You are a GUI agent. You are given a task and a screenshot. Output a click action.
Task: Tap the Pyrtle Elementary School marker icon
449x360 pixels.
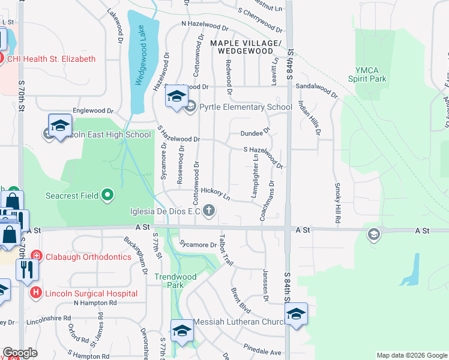tap(191, 107)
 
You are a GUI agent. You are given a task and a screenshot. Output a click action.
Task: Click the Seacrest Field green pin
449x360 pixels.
tap(107, 194)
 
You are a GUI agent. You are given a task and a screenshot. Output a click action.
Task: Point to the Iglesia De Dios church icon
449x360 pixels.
tap(209, 210)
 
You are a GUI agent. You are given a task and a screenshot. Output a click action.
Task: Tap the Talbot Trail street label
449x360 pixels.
tap(227, 250)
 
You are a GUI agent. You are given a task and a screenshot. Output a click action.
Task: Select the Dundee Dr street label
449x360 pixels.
tap(256, 133)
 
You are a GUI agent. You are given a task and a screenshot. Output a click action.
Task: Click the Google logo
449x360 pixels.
tap(20, 353)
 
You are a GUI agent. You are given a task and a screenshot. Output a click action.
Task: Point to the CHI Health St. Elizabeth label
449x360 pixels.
tap(51, 59)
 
